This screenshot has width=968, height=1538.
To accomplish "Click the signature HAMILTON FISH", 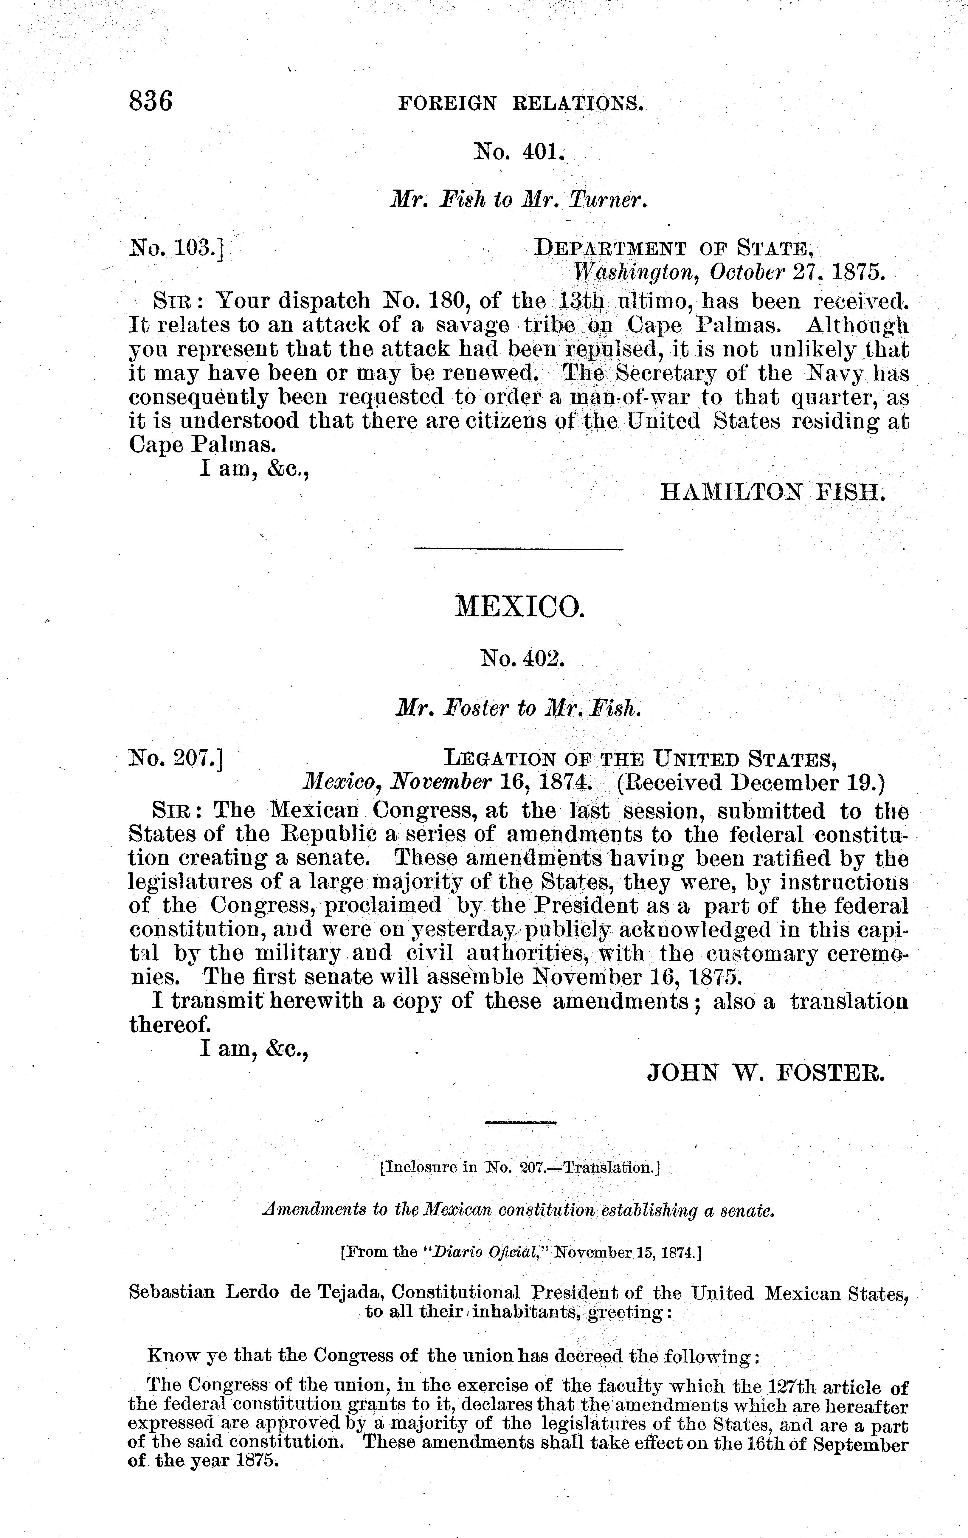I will tap(771, 492).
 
